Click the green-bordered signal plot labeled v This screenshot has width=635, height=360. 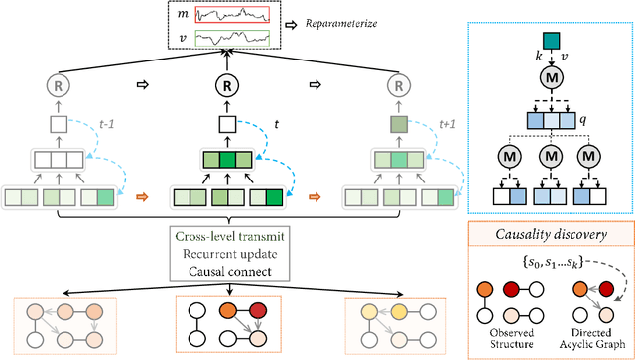point(233,39)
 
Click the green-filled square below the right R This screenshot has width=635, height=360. point(397,126)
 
